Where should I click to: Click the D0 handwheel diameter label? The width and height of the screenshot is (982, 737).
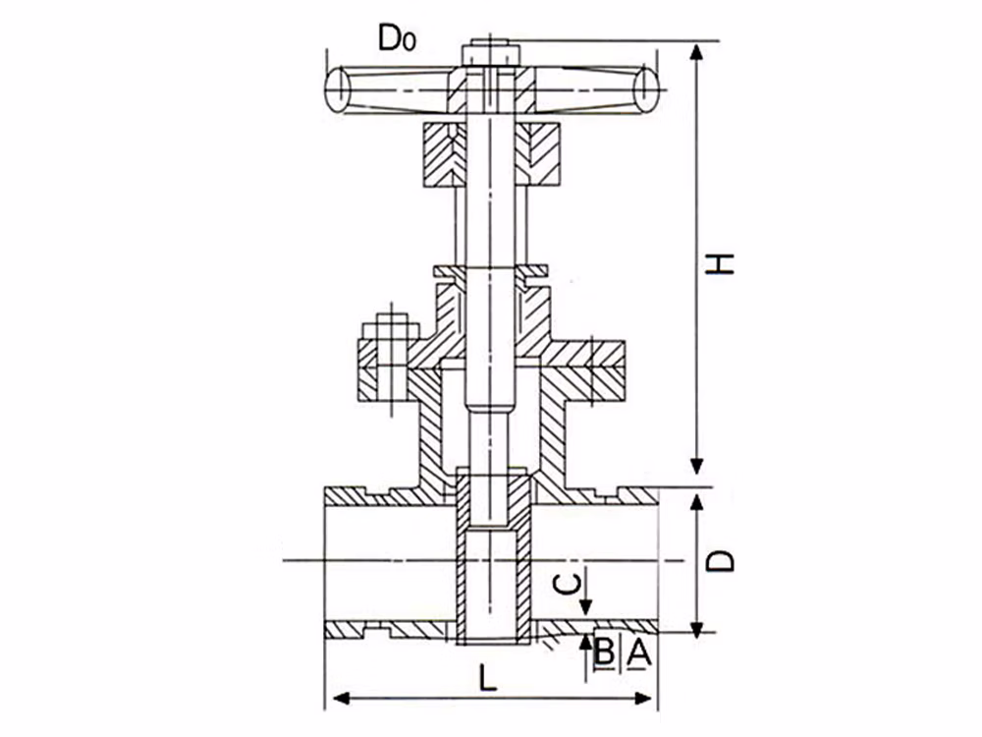pos(397,38)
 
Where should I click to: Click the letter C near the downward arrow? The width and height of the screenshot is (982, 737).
pos(568,584)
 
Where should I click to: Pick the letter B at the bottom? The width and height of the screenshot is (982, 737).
pos(604,652)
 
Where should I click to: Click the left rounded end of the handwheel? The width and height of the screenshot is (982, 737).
pos(338,89)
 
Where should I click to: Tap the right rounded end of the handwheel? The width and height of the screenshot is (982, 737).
pos(646,89)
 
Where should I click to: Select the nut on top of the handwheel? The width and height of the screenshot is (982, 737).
pos(491,54)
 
